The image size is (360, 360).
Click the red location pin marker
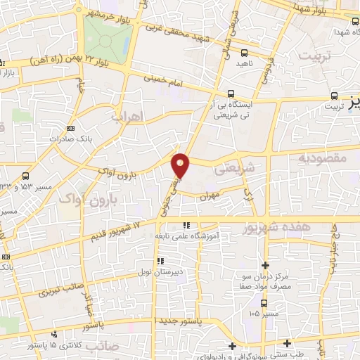pyautogui.click(x=181, y=166)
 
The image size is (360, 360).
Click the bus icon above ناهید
pyautogui.click(x=244, y=52)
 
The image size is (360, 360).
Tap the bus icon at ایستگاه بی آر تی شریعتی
pyautogui.click(x=231, y=94)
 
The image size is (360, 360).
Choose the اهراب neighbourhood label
pyautogui.click(x=127, y=115)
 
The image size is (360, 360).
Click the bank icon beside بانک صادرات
pyautogui.click(x=70, y=128)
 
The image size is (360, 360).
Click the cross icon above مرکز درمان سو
pyautogui.click(x=265, y=265)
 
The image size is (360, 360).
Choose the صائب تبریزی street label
pyautogui.click(x=58, y=285)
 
